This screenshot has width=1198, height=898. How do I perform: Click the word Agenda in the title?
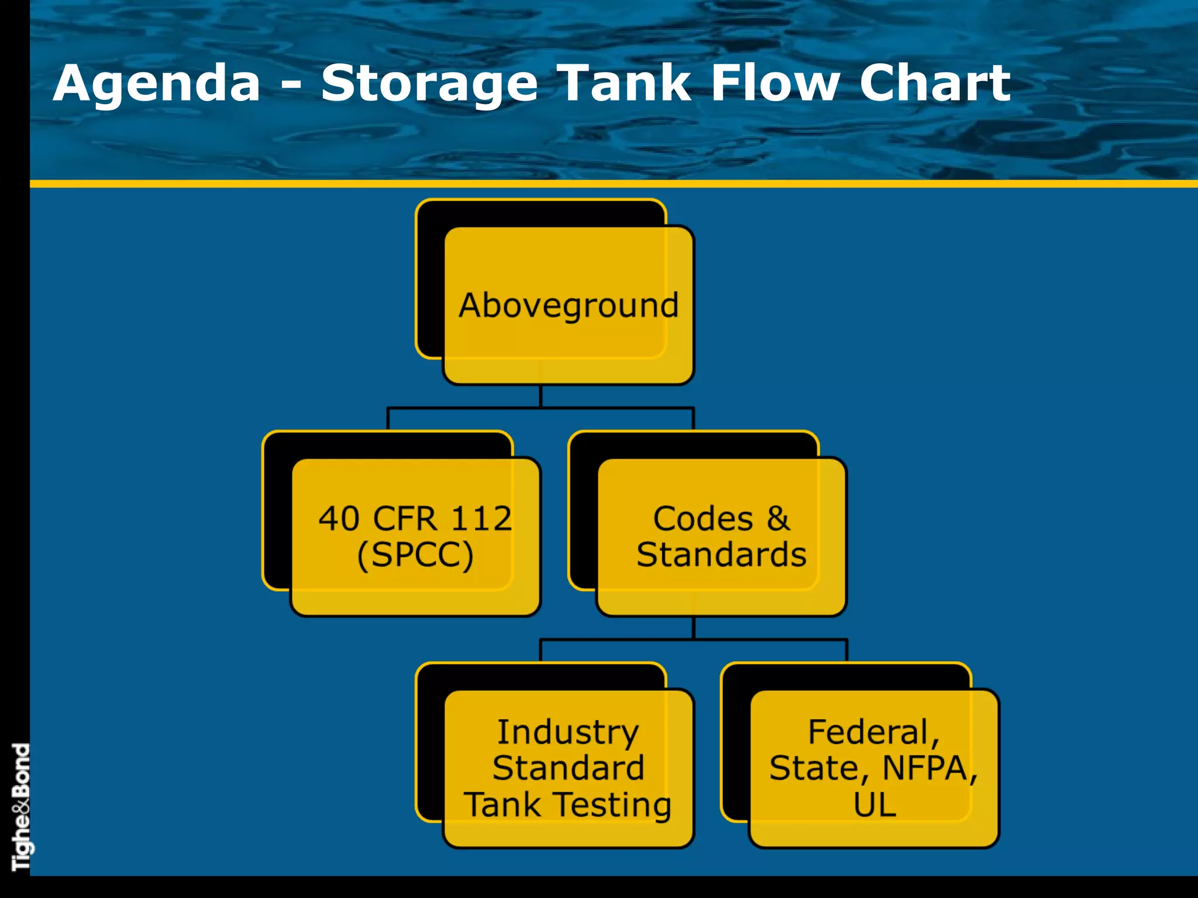[157, 84]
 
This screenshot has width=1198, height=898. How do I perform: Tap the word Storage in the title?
[429, 84]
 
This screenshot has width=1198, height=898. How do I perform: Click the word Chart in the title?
[934, 84]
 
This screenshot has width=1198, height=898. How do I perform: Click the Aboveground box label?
[569, 306]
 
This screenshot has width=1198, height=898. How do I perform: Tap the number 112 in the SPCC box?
[481, 519]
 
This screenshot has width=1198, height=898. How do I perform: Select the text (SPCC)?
[415, 554]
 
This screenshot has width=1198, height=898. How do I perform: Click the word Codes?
[703, 519]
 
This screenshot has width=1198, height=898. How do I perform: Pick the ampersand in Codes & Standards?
[778, 519]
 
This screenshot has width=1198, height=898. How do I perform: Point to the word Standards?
[721, 554]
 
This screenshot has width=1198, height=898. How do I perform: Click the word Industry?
[568, 733]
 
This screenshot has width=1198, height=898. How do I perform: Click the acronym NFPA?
[930, 768]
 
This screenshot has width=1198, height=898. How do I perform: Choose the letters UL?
[875, 804]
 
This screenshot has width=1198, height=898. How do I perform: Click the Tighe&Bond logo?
[20, 807]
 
